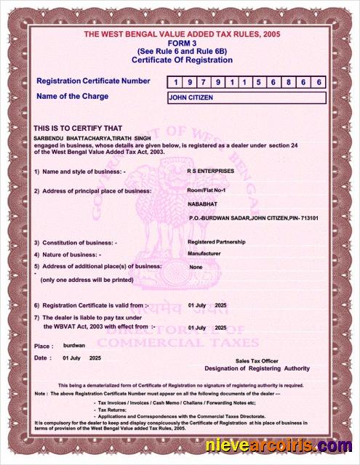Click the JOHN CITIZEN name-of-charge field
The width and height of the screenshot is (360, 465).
coord(246,97)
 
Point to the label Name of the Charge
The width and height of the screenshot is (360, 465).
coord(72,97)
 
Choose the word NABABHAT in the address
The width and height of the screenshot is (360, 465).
coord(203,204)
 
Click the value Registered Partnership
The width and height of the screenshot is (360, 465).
coord(217,241)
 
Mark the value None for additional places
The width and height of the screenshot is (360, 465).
coord(195,267)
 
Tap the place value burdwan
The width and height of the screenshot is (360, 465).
coord(74,346)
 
